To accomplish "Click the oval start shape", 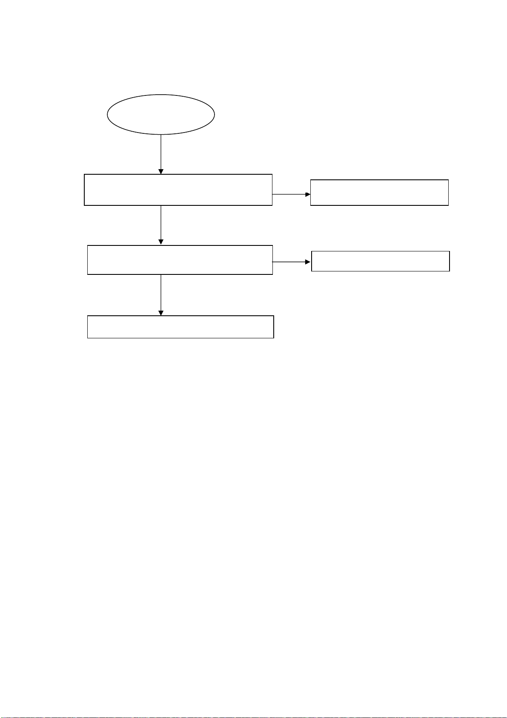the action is pos(160,115).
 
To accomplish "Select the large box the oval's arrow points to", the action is pos(178,190).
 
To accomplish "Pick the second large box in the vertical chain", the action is pos(180,260).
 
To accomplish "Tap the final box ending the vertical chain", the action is pos(180,327).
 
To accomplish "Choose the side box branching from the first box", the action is pos(379,193).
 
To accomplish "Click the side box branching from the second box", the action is pos(380,261).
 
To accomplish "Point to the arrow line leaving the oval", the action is pos(161,152).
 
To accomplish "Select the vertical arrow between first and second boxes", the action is pos(161,223).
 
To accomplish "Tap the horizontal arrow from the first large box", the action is pos(289,194).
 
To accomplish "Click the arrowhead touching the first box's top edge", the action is pos(161,171).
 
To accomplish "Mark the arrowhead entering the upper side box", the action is pos(308,194).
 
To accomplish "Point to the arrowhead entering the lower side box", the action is pos(308,262).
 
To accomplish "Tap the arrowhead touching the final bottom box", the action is pos(161,313).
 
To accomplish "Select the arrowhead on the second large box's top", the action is pos(161,242).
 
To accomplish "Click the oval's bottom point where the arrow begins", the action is pos(161,135).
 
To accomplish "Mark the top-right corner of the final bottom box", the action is pos(273,316).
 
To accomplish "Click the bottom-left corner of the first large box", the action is pos(85,205).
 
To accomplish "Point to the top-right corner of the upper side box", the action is pos(448,180).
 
